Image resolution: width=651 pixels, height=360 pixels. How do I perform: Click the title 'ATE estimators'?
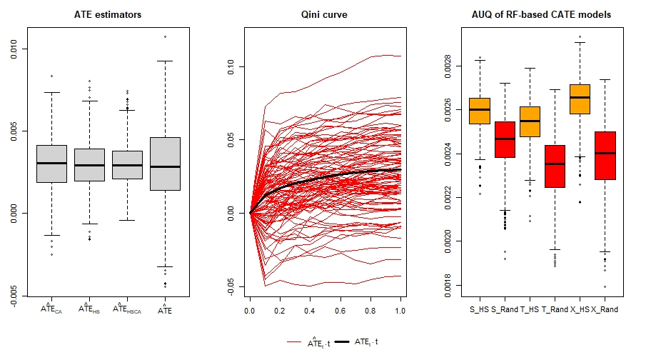[108, 15]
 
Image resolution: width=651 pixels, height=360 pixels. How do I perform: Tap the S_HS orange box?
[479, 111]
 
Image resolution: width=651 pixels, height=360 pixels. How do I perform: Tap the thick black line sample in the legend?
[340, 343]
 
